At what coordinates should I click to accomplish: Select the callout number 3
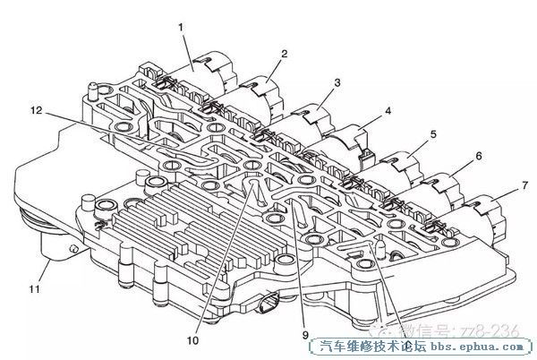coord(336,82)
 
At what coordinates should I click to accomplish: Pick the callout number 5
coord(432,134)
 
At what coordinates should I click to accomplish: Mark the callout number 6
coord(478,155)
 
